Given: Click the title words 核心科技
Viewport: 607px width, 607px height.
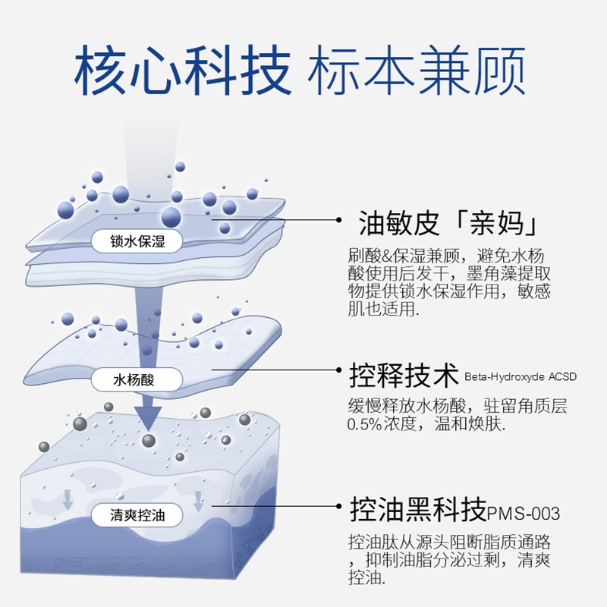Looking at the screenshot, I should tap(182, 72).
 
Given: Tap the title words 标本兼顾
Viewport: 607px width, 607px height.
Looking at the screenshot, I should tap(417, 72).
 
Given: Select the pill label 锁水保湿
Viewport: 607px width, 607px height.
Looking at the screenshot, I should tap(137, 241).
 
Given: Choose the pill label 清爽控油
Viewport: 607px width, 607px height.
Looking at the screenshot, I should tap(137, 516).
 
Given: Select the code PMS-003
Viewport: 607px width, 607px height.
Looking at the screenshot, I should tap(525, 514).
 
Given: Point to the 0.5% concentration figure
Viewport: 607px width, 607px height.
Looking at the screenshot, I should tap(370, 425).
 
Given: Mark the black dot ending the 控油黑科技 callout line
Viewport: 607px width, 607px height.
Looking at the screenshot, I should tap(340, 505).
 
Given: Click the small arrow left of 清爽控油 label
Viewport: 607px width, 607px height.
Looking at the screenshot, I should tap(68, 498).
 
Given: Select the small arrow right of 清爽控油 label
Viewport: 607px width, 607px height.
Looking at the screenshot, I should tap(199, 501).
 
